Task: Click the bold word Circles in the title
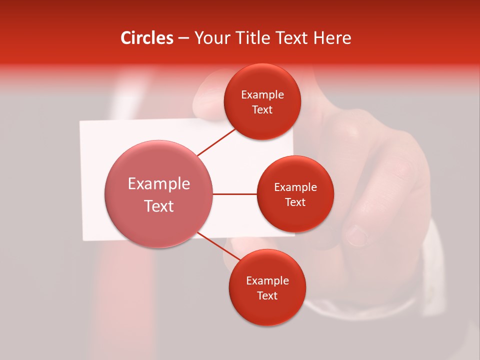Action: pyautogui.click(x=147, y=38)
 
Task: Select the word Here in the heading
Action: pyautogui.click(x=332, y=38)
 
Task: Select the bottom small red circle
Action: pyautogui.click(x=267, y=310)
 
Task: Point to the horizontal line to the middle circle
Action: pyautogui.click(x=235, y=194)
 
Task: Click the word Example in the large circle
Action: pyautogui.click(x=159, y=184)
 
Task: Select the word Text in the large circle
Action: pyautogui.click(x=159, y=206)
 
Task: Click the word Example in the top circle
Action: pyautogui.click(x=262, y=95)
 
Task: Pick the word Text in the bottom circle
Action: pyautogui.click(x=267, y=295)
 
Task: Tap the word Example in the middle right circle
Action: pyautogui.click(x=295, y=187)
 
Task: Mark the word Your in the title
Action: pyautogui.click(x=211, y=38)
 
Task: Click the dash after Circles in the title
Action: pyautogui.click(x=183, y=38)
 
